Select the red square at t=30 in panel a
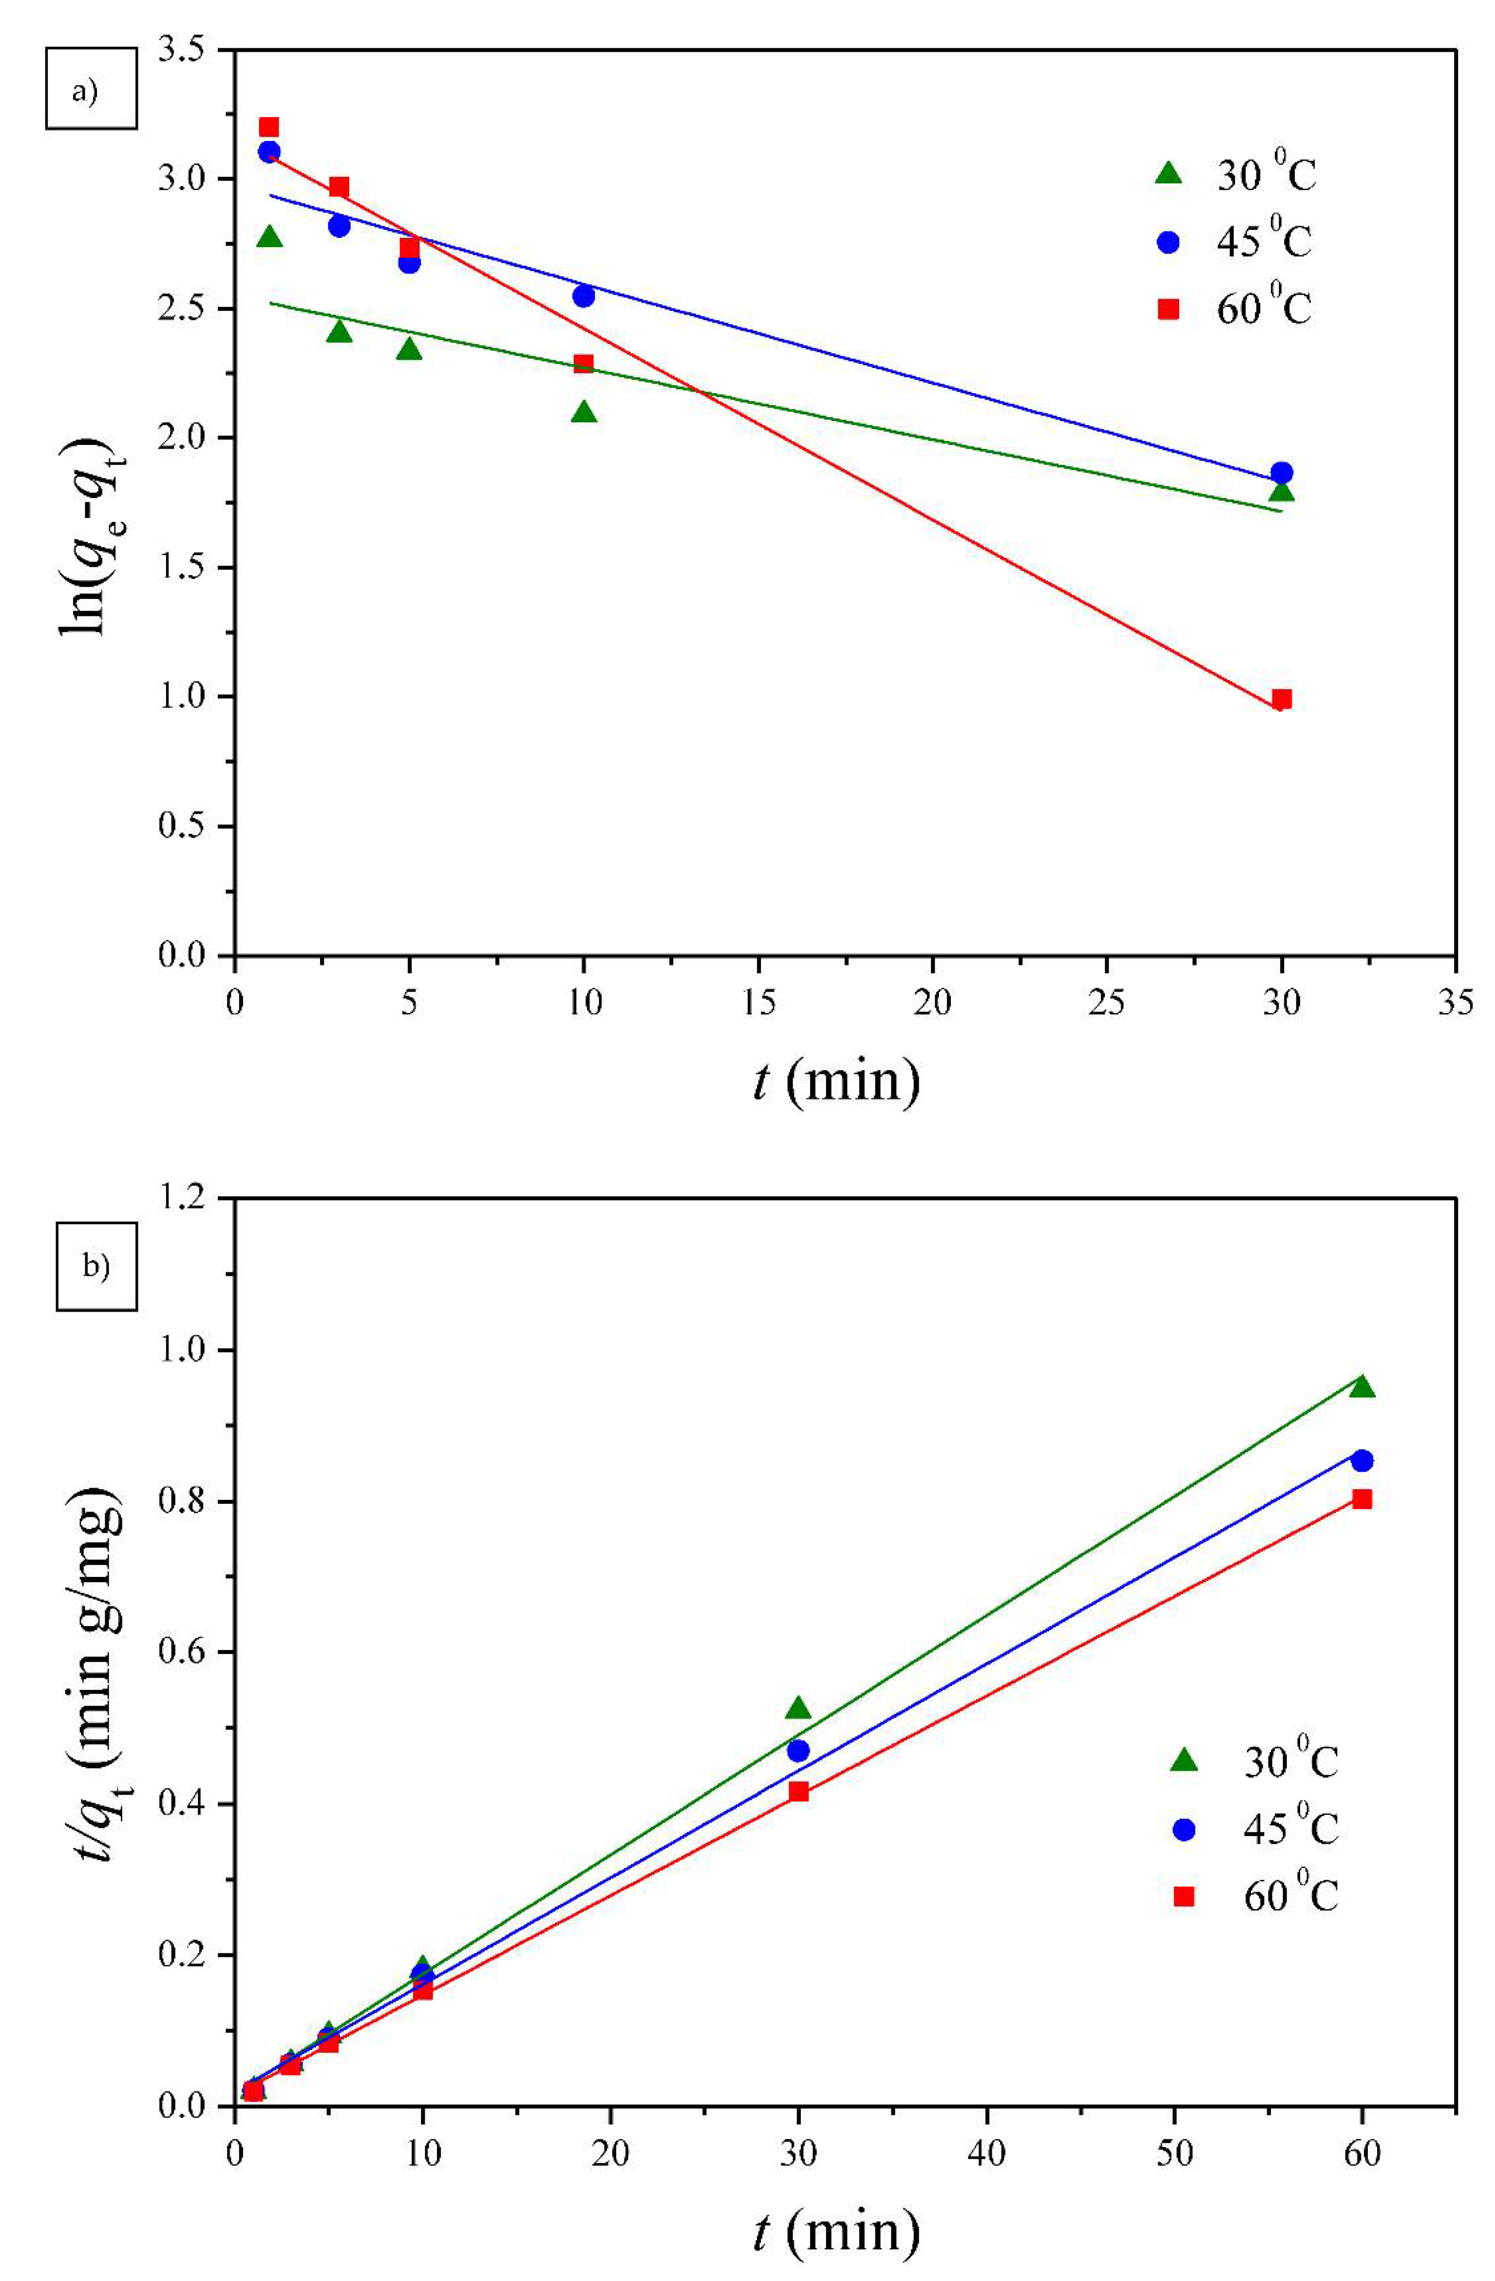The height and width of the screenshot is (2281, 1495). (x=1281, y=699)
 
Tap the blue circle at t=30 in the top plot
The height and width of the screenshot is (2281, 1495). (x=1281, y=473)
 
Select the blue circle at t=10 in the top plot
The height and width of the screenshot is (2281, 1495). (x=584, y=296)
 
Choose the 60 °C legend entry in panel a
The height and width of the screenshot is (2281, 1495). (x=1236, y=308)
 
